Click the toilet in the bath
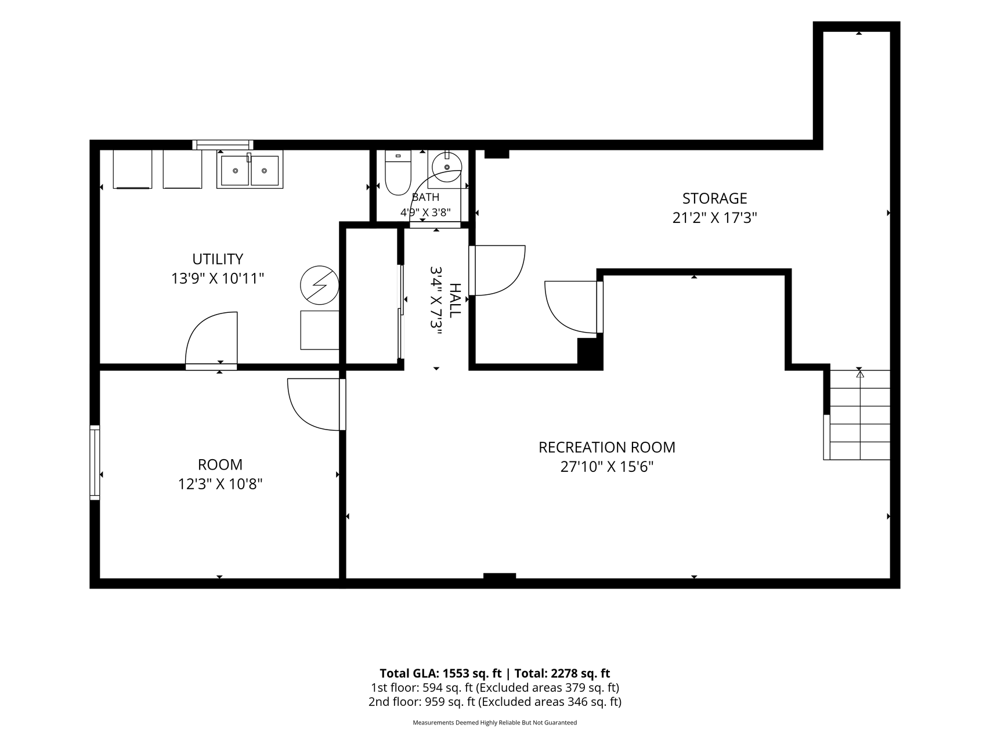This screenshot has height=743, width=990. [x=398, y=172]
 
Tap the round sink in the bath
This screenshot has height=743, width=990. [x=446, y=167]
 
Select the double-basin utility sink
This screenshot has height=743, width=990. [x=250, y=169]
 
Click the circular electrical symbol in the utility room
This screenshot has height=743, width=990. [x=319, y=285]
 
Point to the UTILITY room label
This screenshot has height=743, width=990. [x=218, y=259]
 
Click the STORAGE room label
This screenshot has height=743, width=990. [x=714, y=199]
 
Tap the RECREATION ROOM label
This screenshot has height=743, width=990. [x=607, y=448]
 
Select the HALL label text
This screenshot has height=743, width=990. [x=455, y=300]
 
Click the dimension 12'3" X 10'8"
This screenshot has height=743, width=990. [x=221, y=484]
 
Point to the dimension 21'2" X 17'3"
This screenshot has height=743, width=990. [x=714, y=218]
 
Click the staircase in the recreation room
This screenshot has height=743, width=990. [x=857, y=414]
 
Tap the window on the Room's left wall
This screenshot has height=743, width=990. [x=95, y=462]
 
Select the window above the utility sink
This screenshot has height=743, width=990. [x=223, y=145]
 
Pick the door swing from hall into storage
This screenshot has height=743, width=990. [x=497, y=270]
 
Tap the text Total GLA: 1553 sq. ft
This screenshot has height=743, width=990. [x=440, y=673]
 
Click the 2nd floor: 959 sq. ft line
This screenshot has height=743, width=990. [x=494, y=702]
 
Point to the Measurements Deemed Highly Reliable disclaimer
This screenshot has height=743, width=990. [x=494, y=723]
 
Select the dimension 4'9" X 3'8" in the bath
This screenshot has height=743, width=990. [x=425, y=212]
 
